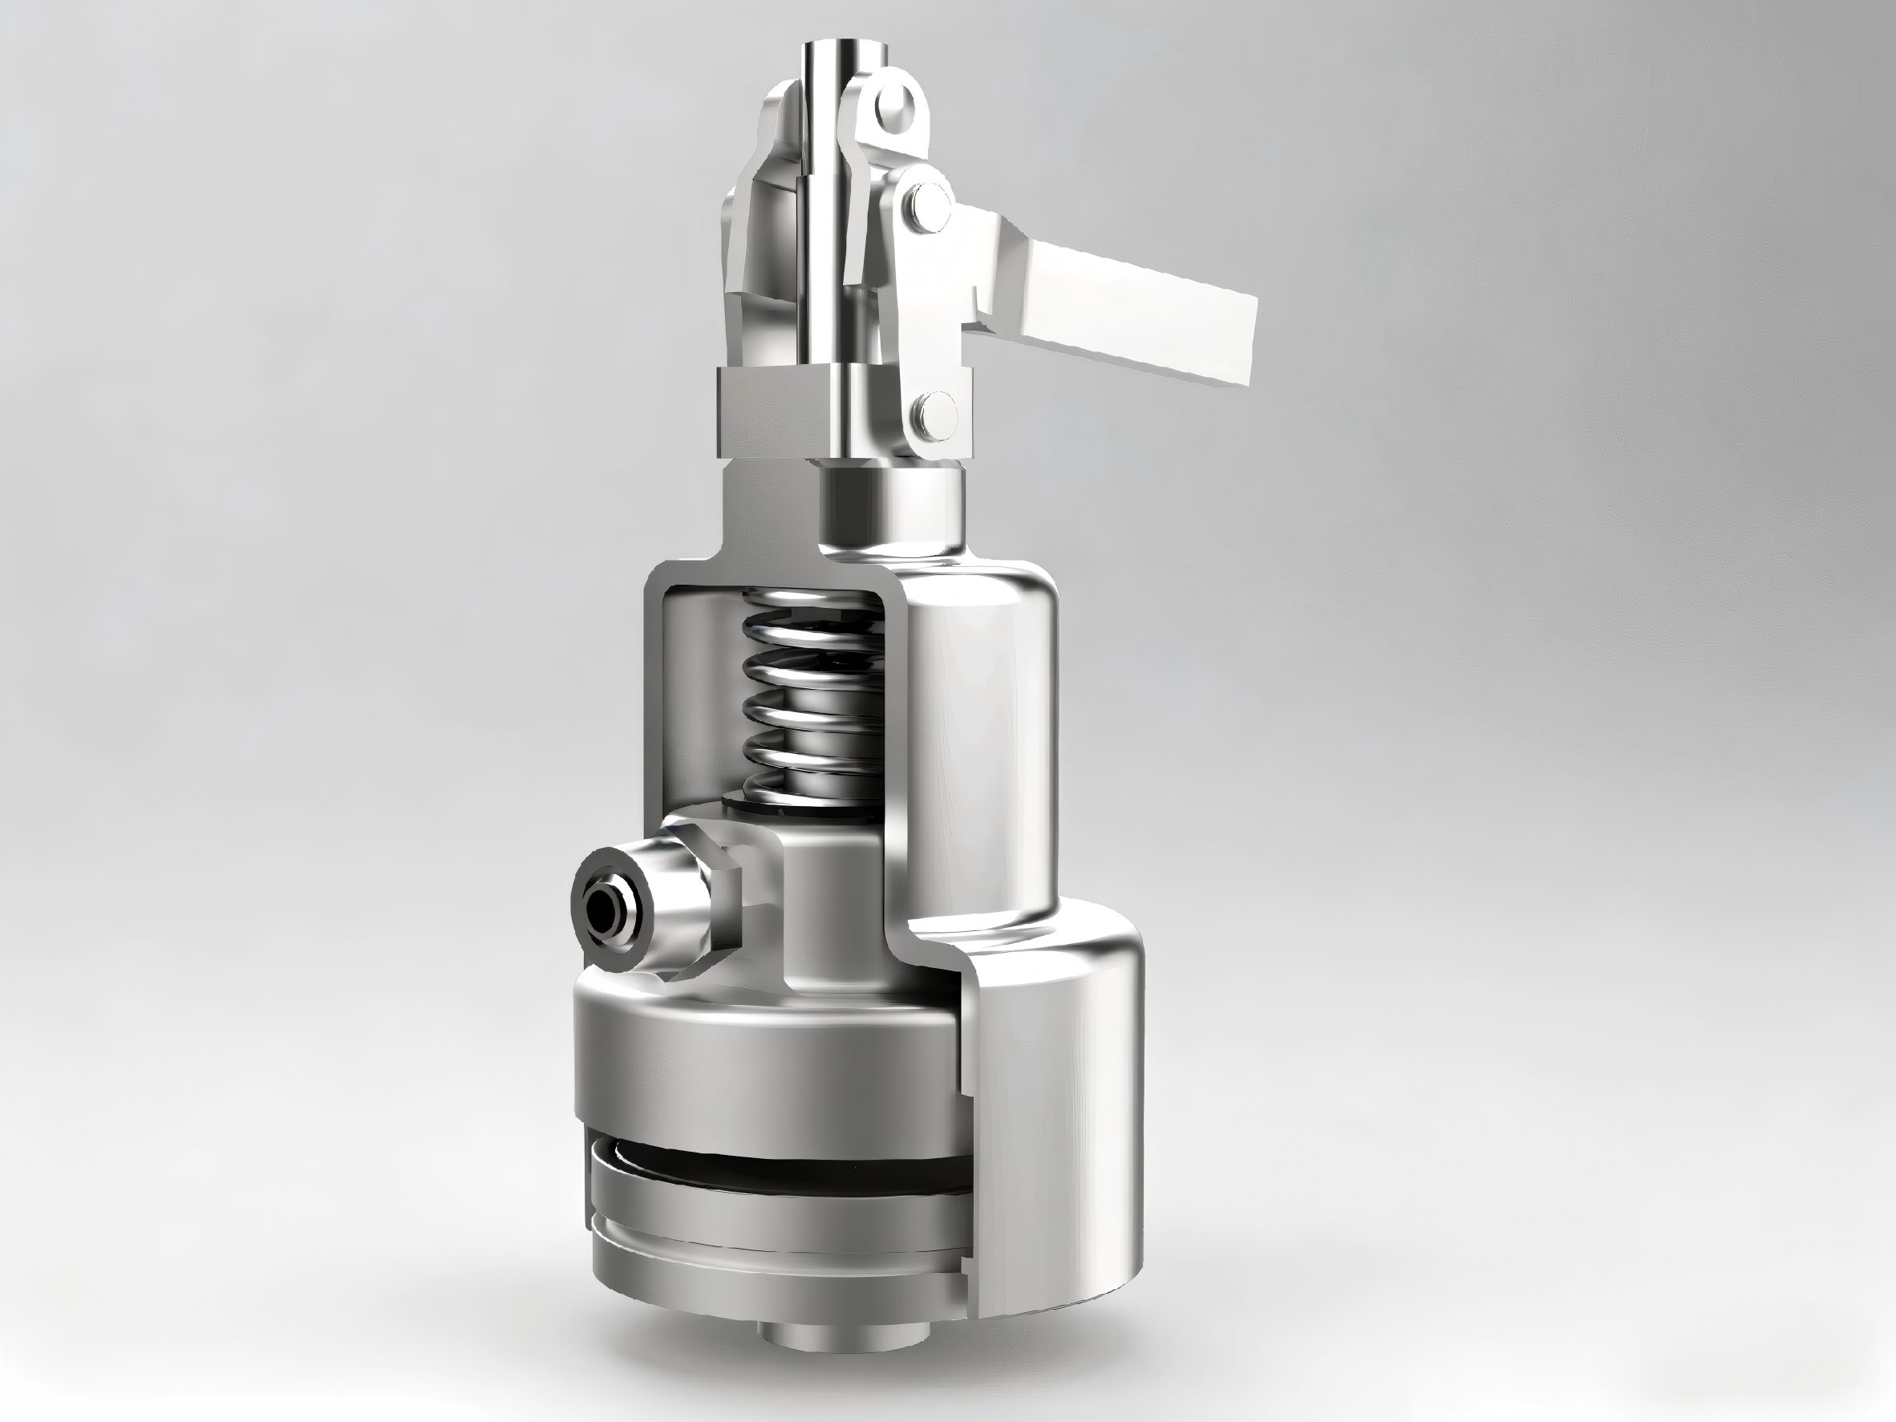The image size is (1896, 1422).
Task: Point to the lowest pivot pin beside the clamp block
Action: (935, 413)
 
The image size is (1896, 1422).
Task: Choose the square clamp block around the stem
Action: (772, 411)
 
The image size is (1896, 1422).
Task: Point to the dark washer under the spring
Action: (797, 806)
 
